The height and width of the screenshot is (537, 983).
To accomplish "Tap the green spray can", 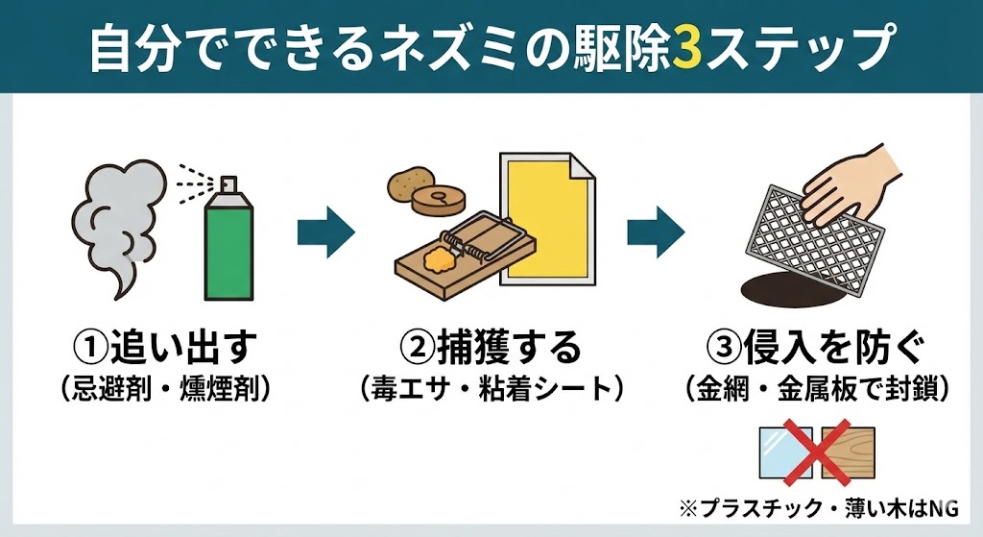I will tap(228, 245).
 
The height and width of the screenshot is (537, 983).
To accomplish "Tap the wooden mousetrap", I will tap(451, 259).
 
